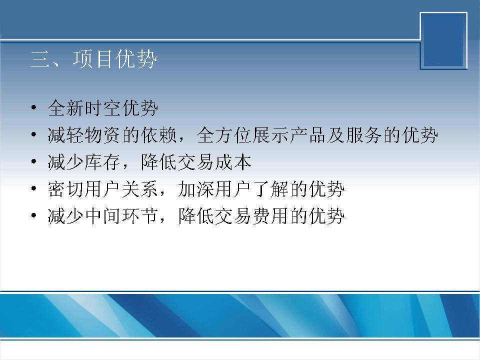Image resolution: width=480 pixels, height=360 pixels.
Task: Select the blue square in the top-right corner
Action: pos(443,40)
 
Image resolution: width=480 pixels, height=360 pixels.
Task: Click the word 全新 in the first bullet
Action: pos(66,108)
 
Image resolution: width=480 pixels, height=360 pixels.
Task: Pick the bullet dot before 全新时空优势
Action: pos(33,108)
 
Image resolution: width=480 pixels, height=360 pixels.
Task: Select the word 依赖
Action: pos(159,135)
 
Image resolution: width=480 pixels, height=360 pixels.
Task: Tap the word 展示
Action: pos(271,135)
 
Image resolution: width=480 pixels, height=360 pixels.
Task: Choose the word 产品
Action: pos(308,135)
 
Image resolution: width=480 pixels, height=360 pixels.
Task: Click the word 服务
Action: pos(364,135)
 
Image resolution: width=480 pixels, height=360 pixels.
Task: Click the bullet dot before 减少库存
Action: pos(33,161)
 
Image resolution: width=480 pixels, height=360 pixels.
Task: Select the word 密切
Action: pos(66,189)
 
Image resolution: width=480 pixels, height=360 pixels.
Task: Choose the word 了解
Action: pos(271,189)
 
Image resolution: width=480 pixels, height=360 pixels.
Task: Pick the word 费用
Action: pos(271,216)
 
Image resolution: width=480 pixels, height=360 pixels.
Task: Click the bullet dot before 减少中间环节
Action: pos(33,215)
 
